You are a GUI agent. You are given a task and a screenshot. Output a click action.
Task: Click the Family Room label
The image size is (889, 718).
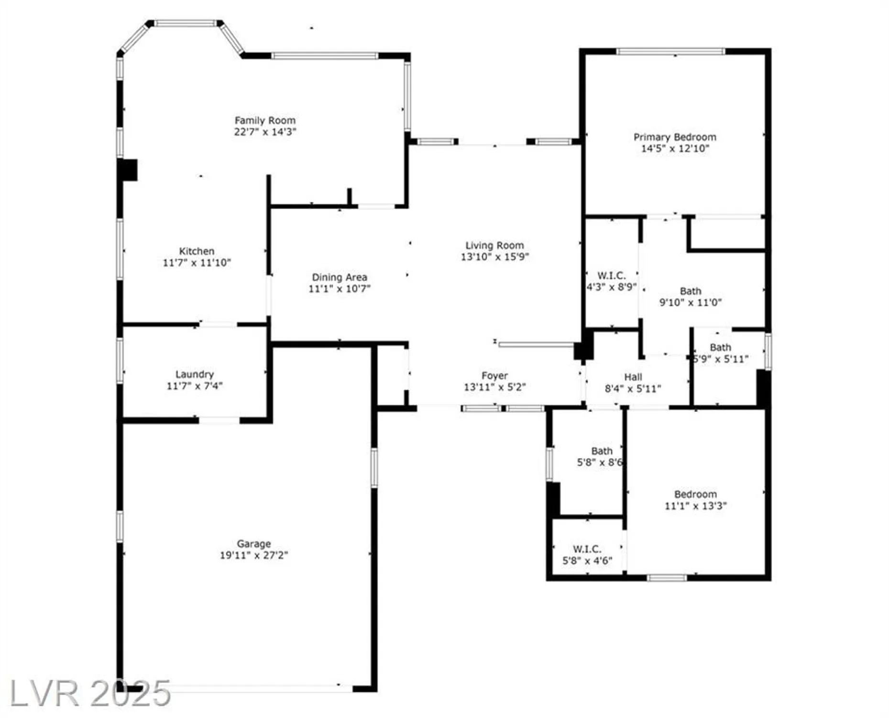(265, 121)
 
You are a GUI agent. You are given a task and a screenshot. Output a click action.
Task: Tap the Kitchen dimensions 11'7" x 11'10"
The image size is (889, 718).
(197, 263)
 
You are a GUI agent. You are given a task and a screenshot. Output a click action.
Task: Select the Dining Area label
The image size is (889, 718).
(340, 277)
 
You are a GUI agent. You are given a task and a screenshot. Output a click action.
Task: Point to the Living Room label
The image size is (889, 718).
(494, 246)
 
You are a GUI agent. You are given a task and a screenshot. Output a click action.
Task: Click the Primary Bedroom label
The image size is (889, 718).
(675, 137)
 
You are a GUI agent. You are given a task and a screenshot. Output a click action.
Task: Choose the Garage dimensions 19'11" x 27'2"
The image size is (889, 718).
(253, 555)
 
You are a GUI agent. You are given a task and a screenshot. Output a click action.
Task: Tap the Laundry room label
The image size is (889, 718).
(194, 374)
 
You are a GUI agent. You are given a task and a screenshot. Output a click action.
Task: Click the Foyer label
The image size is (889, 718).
(494, 376)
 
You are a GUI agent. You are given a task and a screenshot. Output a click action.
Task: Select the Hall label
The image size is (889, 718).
(633, 377)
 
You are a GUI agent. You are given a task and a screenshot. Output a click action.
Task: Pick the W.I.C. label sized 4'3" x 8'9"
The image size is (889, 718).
(611, 276)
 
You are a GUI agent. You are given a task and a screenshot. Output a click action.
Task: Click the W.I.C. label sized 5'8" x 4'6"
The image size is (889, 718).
(587, 549)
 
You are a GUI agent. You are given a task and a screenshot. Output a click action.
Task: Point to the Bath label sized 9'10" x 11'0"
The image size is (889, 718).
(690, 291)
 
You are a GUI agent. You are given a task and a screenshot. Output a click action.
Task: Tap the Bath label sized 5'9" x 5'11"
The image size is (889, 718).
(720, 348)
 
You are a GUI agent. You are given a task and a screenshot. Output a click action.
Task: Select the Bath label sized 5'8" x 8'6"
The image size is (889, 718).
(601, 451)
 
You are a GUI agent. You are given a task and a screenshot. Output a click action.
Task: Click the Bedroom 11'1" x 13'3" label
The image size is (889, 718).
(695, 494)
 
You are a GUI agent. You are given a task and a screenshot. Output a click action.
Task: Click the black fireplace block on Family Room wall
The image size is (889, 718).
(128, 170)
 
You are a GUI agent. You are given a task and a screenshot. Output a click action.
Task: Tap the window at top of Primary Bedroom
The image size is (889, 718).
(670, 52)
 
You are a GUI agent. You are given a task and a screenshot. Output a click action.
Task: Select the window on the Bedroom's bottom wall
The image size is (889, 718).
(667, 578)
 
